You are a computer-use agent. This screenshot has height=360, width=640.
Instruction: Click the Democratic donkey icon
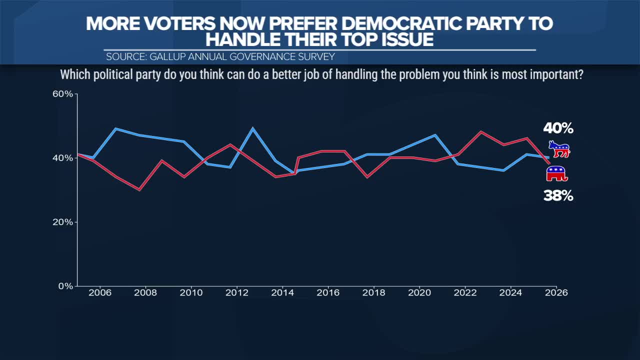point(559,149)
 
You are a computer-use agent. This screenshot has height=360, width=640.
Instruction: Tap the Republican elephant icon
point(557,174)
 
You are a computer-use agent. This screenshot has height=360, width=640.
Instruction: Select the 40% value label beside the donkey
point(558,128)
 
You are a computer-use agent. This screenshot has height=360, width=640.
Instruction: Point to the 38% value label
point(558,196)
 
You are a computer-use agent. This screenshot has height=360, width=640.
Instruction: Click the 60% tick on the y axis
point(63,94)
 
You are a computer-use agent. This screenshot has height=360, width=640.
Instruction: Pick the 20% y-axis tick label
point(63,222)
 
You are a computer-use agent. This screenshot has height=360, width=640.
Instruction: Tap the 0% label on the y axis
point(66,286)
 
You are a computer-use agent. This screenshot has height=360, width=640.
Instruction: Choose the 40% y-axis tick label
point(63,158)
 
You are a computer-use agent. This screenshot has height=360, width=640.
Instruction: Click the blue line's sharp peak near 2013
point(253,128)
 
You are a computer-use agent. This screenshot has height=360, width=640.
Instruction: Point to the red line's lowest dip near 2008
point(139,189)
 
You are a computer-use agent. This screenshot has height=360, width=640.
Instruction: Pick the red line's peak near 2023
point(480,132)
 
